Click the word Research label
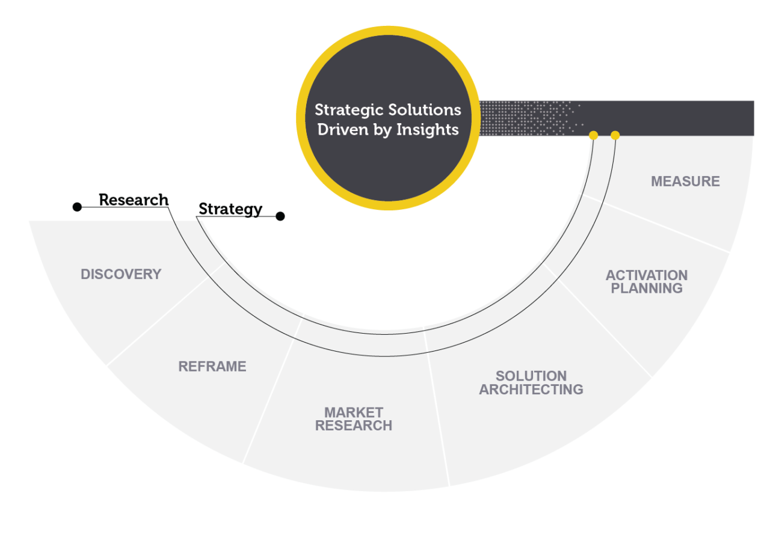point(134,200)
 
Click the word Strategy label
point(230,209)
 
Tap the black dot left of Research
point(77,207)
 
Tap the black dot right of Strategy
point(280,216)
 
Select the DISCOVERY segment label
point(121,274)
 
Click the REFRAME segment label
point(212,366)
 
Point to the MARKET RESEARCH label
point(354,419)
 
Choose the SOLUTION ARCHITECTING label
point(531,383)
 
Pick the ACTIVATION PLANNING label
point(647,281)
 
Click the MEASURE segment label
point(685,181)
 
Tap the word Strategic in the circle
point(349,111)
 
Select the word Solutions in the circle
point(425,111)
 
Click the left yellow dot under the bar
point(593,136)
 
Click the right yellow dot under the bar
point(615,136)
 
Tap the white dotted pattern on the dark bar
point(523,118)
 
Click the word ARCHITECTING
point(531,390)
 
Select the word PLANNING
point(647,288)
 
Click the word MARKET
point(354,412)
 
